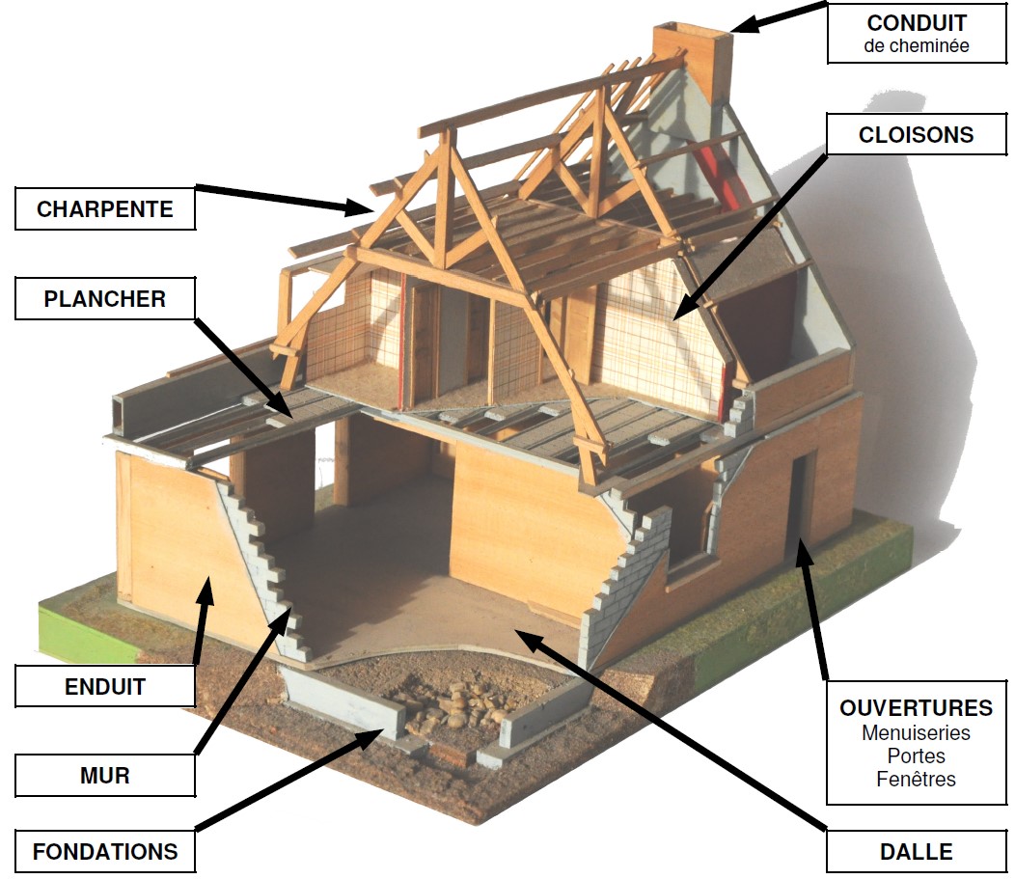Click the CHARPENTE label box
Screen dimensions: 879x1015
[x=105, y=208]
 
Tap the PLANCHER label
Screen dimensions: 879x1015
[x=105, y=299]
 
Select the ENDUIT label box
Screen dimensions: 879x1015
[x=105, y=687]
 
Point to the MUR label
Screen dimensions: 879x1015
[x=105, y=775]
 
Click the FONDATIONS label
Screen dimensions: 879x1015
[x=105, y=852]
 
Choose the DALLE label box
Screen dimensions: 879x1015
[x=916, y=852]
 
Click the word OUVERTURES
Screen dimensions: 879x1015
[x=916, y=708]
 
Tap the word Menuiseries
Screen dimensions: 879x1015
[x=916, y=733]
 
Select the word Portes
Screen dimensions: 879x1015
[x=916, y=756]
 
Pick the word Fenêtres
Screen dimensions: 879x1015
[x=916, y=780]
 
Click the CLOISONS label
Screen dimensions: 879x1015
[x=916, y=134]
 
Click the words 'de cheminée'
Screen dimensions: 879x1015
[x=916, y=45]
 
